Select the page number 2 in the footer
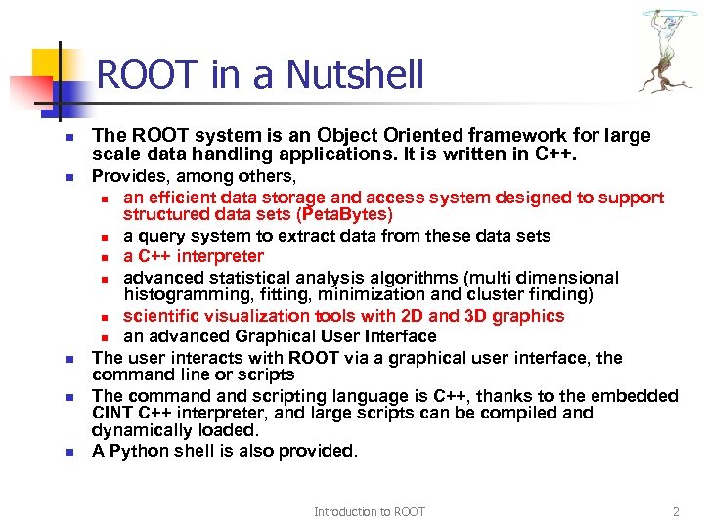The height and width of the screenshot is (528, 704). [676, 512]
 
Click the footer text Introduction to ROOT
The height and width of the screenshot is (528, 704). [370, 512]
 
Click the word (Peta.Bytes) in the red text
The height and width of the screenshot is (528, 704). [346, 214]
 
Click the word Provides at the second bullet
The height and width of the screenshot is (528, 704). [126, 177]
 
